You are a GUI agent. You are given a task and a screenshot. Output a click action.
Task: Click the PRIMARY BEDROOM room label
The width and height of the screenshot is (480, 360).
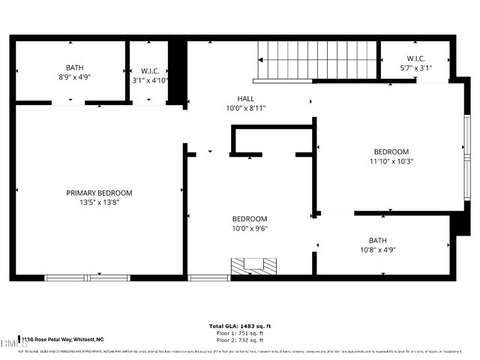point(99,193)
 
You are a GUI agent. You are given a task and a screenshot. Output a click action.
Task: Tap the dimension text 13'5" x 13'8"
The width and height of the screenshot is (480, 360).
point(99,202)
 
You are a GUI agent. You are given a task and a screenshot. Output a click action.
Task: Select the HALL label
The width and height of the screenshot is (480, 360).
point(246,98)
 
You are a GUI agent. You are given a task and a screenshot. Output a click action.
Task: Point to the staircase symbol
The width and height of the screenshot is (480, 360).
point(316,60)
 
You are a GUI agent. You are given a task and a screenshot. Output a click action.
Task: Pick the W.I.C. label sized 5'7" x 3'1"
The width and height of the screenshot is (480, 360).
point(417,58)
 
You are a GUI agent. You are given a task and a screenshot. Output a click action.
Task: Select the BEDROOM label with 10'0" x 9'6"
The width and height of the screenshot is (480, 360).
point(249,219)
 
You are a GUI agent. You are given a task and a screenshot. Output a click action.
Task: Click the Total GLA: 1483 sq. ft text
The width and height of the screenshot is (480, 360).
point(240,326)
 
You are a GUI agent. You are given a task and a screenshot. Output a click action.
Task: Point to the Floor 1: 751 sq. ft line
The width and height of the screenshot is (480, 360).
point(240,334)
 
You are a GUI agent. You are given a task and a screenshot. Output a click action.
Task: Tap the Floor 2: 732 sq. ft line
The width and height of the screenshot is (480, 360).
point(240,340)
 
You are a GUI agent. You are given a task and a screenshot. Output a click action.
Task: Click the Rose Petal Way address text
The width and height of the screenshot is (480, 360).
point(63,340)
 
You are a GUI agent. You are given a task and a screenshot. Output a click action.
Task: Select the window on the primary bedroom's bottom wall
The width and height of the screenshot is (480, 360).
point(88,277)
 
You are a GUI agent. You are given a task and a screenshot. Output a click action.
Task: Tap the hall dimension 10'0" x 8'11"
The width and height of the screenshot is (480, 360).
point(246,108)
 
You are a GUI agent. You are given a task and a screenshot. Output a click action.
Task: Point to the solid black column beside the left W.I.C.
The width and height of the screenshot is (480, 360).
point(177,73)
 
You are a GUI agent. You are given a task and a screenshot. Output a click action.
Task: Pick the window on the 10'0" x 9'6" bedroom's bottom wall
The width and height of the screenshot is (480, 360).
point(208,277)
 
